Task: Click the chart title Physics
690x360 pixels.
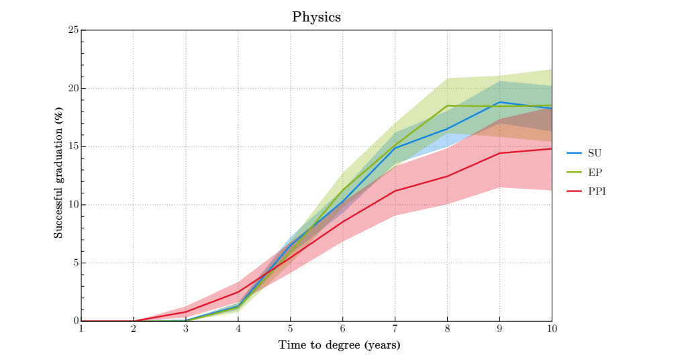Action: [316, 17]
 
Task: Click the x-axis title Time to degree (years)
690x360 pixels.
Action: [340, 345]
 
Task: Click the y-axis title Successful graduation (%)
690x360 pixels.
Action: [59, 175]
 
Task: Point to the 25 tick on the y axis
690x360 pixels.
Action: [73, 30]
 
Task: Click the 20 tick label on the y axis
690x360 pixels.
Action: [73, 89]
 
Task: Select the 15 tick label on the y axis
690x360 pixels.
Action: [73, 146]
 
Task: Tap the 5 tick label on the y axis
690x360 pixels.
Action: [75, 263]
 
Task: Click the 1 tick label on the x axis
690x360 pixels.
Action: [81, 328]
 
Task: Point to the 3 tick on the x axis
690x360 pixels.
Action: [186, 328]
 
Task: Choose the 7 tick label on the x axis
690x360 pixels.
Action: [395, 328]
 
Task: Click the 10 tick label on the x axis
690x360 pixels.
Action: [552, 328]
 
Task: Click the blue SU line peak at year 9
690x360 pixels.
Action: [499, 102]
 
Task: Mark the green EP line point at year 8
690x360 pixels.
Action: [447, 105]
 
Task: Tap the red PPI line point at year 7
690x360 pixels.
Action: [395, 191]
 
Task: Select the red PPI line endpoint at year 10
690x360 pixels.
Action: [551, 148]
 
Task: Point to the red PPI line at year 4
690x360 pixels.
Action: [238, 291]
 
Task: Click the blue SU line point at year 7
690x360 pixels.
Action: [395, 148]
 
